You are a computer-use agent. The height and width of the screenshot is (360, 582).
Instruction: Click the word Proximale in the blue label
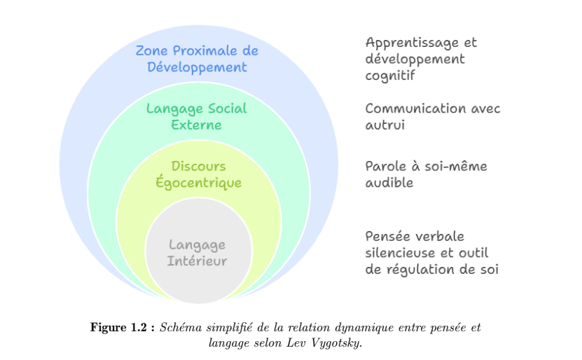click(206, 51)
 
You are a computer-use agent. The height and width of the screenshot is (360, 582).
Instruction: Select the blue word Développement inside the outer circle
click(197, 68)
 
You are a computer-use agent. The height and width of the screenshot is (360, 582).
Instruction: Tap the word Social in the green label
click(227, 109)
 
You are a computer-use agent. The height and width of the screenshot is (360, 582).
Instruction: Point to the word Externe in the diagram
click(197, 125)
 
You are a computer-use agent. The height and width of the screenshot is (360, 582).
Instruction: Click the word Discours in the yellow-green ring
click(198, 167)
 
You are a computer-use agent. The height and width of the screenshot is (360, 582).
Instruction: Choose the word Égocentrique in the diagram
click(198, 184)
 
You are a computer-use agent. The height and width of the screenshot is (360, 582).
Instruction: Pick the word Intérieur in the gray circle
click(197, 261)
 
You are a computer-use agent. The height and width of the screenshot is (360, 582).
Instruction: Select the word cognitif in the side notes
click(390, 75)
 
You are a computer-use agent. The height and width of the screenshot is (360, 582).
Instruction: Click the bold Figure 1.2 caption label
click(122, 328)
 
